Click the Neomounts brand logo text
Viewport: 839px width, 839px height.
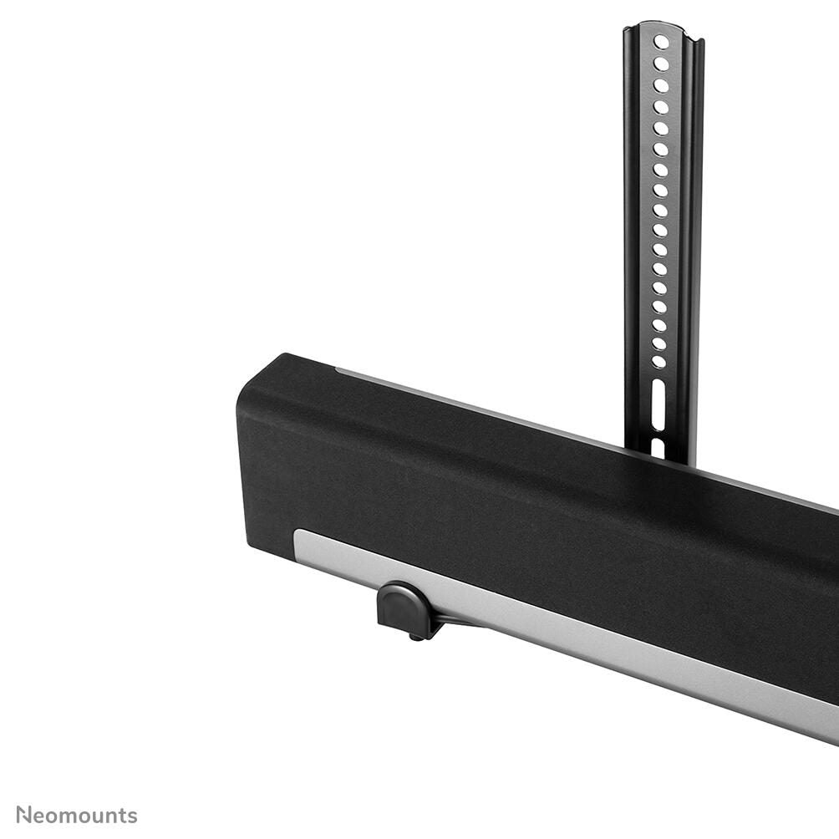tap(77, 815)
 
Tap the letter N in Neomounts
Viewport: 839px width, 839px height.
tap(23, 815)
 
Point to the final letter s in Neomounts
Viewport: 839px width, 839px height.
tap(132, 816)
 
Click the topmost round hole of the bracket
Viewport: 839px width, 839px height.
tap(661, 42)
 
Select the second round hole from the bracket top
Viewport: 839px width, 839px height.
tap(661, 64)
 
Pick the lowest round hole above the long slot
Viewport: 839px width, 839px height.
tap(659, 362)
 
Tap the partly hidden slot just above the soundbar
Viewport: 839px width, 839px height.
tap(658, 447)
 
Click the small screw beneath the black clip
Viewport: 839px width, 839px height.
tap(414, 638)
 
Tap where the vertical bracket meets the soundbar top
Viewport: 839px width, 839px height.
tap(660, 458)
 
